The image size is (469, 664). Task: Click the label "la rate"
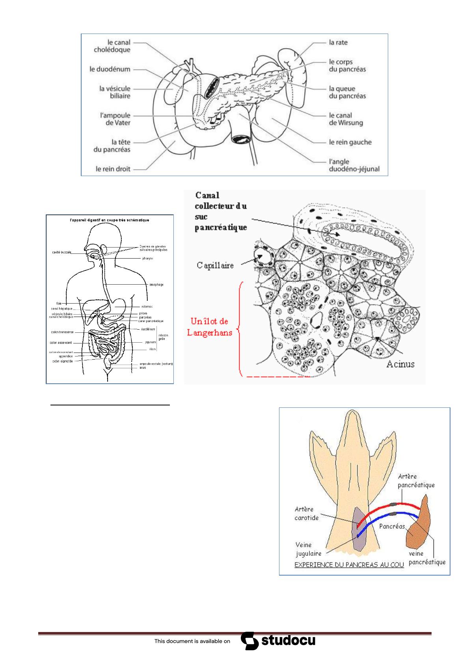[x=338, y=42]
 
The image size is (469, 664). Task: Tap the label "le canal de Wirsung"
[x=346, y=119]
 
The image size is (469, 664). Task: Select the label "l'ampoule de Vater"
[x=115, y=119]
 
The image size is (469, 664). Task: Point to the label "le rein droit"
[x=113, y=169]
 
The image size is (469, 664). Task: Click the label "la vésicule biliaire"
[x=115, y=92]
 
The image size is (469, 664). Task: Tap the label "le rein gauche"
[x=350, y=142]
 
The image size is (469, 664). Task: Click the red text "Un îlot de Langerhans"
[x=210, y=326]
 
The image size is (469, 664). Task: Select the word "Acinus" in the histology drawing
[x=400, y=364]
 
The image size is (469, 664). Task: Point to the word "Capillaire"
[x=215, y=265]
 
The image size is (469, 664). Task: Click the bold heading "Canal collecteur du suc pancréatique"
[x=221, y=211]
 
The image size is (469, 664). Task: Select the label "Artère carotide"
[x=306, y=513]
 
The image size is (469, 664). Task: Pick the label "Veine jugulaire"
[x=308, y=549]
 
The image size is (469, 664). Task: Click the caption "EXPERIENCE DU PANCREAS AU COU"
[x=349, y=565]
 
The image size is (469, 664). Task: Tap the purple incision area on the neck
[x=359, y=529]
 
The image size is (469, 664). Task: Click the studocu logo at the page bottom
[x=278, y=641]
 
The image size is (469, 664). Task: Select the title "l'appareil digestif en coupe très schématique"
[x=110, y=220]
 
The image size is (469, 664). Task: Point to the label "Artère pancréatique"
[x=416, y=480]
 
